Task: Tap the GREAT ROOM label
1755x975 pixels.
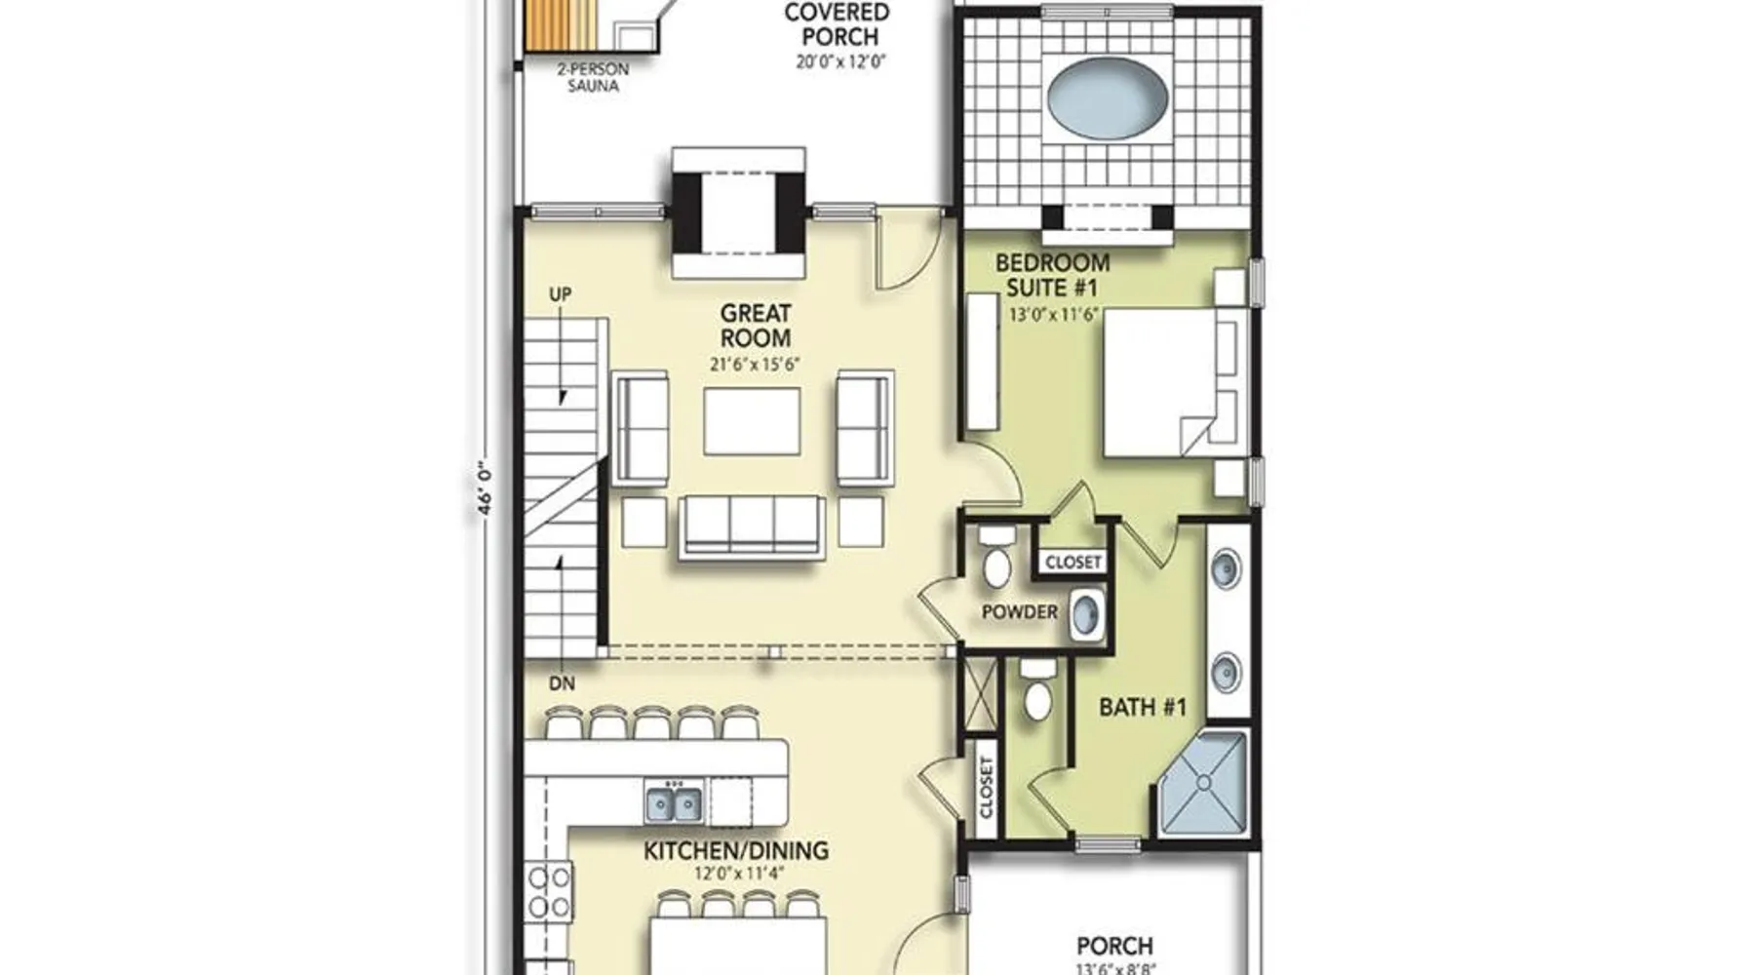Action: click(756, 326)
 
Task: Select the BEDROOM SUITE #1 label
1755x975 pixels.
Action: click(1052, 275)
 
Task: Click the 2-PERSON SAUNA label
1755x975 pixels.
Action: click(593, 78)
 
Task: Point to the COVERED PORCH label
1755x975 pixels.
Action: click(838, 24)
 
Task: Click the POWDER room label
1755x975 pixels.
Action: click(1019, 612)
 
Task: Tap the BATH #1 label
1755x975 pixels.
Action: click(1143, 707)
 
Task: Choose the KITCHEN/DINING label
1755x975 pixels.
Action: click(736, 851)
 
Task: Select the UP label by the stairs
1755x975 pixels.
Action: click(560, 294)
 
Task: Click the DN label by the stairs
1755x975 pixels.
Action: click(562, 683)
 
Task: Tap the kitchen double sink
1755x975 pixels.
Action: click(674, 803)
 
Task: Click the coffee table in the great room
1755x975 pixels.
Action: click(752, 421)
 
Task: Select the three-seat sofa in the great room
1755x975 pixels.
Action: click(752, 526)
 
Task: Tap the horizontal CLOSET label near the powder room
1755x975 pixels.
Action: click(1072, 563)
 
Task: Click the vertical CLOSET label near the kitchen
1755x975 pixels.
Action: click(986, 788)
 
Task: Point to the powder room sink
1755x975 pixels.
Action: click(1087, 614)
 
